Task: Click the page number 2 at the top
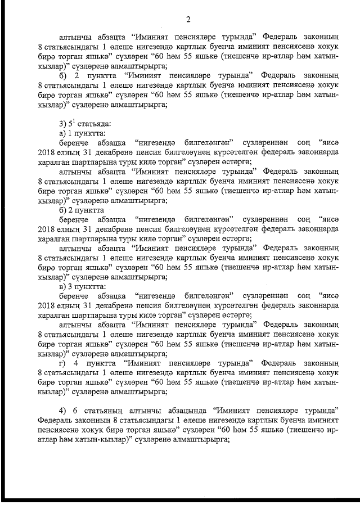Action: (188, 20)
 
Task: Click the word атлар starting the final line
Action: (48, 442)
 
